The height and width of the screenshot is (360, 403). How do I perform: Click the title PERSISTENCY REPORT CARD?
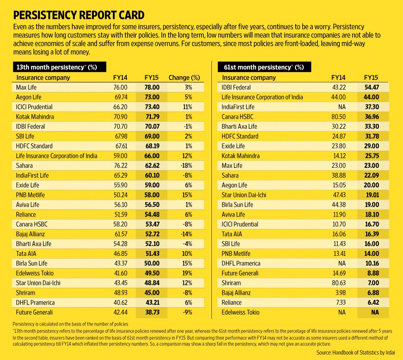tap(78, 15)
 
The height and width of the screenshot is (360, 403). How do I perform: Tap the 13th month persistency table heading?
tap(56, 67)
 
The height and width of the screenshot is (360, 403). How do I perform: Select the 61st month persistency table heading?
tap(263, 67)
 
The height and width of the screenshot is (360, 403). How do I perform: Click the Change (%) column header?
tap(184, 78)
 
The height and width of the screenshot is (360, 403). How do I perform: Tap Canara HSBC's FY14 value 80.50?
tap(338, 117)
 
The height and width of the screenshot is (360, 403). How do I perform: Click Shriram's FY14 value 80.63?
tap(338, 283)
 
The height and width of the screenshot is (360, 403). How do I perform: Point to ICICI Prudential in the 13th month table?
tap(34, 107)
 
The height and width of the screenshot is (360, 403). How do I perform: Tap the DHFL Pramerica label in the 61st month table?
tap(241, 263)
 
